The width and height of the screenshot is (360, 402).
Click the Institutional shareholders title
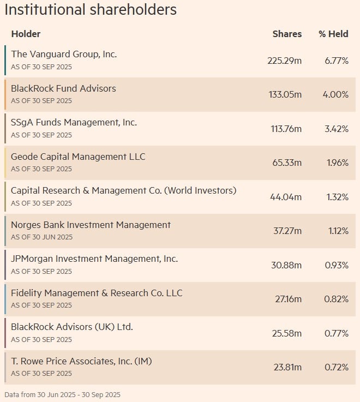click(x=91, y=10)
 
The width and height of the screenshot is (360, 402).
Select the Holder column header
click(x=26, y=34)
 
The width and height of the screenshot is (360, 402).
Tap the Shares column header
click(x=287, y=34)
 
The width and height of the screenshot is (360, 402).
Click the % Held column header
click(x=333, y=34)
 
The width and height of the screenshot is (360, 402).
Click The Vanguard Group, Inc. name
click(x=64, y=54)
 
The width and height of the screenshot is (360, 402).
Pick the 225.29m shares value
click(x=284, y=61)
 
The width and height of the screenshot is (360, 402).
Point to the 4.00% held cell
click(x=335, y=94)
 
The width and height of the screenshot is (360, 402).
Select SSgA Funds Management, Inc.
click(x=74, y=122)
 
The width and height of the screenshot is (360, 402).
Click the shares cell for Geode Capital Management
click(x=287, y=163)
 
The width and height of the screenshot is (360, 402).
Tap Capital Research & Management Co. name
click(x=123, y=190)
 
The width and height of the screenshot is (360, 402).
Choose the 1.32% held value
click(x=337, y=197)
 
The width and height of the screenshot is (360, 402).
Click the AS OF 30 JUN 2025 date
click(x=41, y=237)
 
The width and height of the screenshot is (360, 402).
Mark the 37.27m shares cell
click(x=287, y=231)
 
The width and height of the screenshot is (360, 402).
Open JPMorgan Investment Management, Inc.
click(x=94, y=259)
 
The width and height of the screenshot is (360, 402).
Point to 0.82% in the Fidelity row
click(x=337, y=299)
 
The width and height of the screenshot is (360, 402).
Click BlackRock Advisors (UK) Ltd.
click(x=72, y=327)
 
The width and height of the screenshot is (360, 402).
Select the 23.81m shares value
click(x=287, y=367)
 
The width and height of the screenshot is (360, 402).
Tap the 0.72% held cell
click(x=337, y=367)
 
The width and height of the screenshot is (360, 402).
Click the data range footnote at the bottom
click(x=62, y=394)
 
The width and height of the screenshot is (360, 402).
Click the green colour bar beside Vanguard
click(x=5, y=60)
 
